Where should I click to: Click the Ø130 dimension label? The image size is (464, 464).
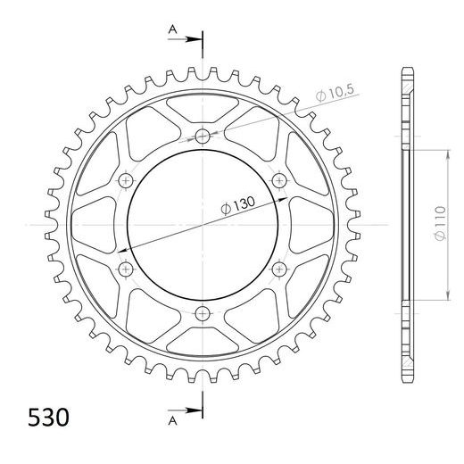(238, 205)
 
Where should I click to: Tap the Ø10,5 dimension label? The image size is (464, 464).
(335, 92)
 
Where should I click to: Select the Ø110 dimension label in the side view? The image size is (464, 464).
(441, 223)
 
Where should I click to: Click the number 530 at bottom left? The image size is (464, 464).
(48, 418)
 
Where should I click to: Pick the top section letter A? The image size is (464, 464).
(173, 29)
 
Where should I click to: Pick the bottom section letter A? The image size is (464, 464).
(173, 421)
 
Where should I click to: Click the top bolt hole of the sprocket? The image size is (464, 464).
(203, 137)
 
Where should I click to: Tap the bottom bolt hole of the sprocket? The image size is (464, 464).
(203, 313)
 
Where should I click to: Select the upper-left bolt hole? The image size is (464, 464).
(126, 180)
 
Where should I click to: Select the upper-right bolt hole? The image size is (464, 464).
(279, 180)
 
